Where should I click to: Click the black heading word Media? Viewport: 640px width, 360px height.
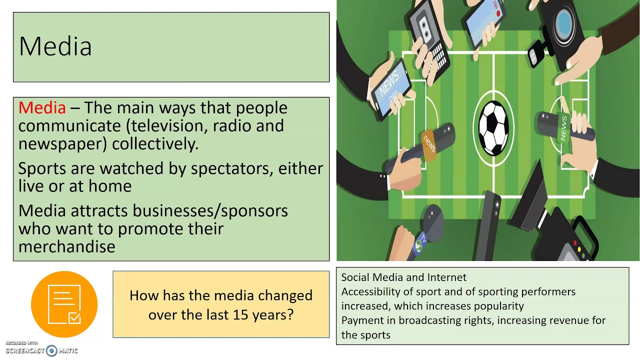click(55, 46)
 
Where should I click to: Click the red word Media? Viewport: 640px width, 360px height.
click(42, 107)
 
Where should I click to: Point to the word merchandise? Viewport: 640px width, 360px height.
click(67, 246)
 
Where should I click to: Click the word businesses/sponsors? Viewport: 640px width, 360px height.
click(210, 211)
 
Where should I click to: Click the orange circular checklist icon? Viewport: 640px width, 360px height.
click(64, 304)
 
